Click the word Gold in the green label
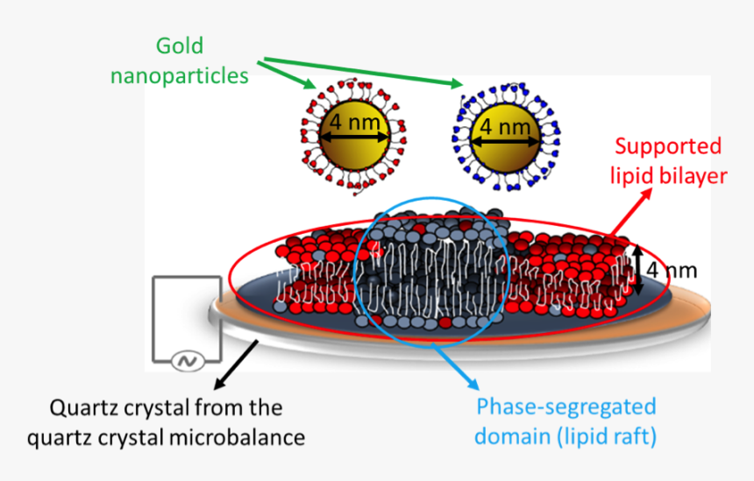179,46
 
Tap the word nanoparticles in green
179,75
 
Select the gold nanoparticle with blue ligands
505,140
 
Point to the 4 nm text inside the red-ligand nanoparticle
354,123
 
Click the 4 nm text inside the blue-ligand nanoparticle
505,128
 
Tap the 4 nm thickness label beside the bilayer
672,270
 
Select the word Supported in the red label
666,146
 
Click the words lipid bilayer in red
669,175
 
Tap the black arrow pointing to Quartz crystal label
236,363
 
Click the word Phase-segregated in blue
565,407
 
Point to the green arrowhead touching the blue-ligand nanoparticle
459,83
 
